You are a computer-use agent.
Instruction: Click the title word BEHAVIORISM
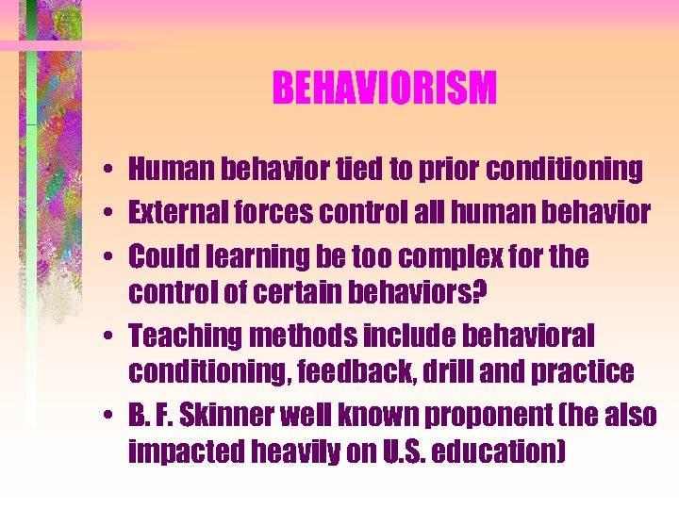(384, 90)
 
